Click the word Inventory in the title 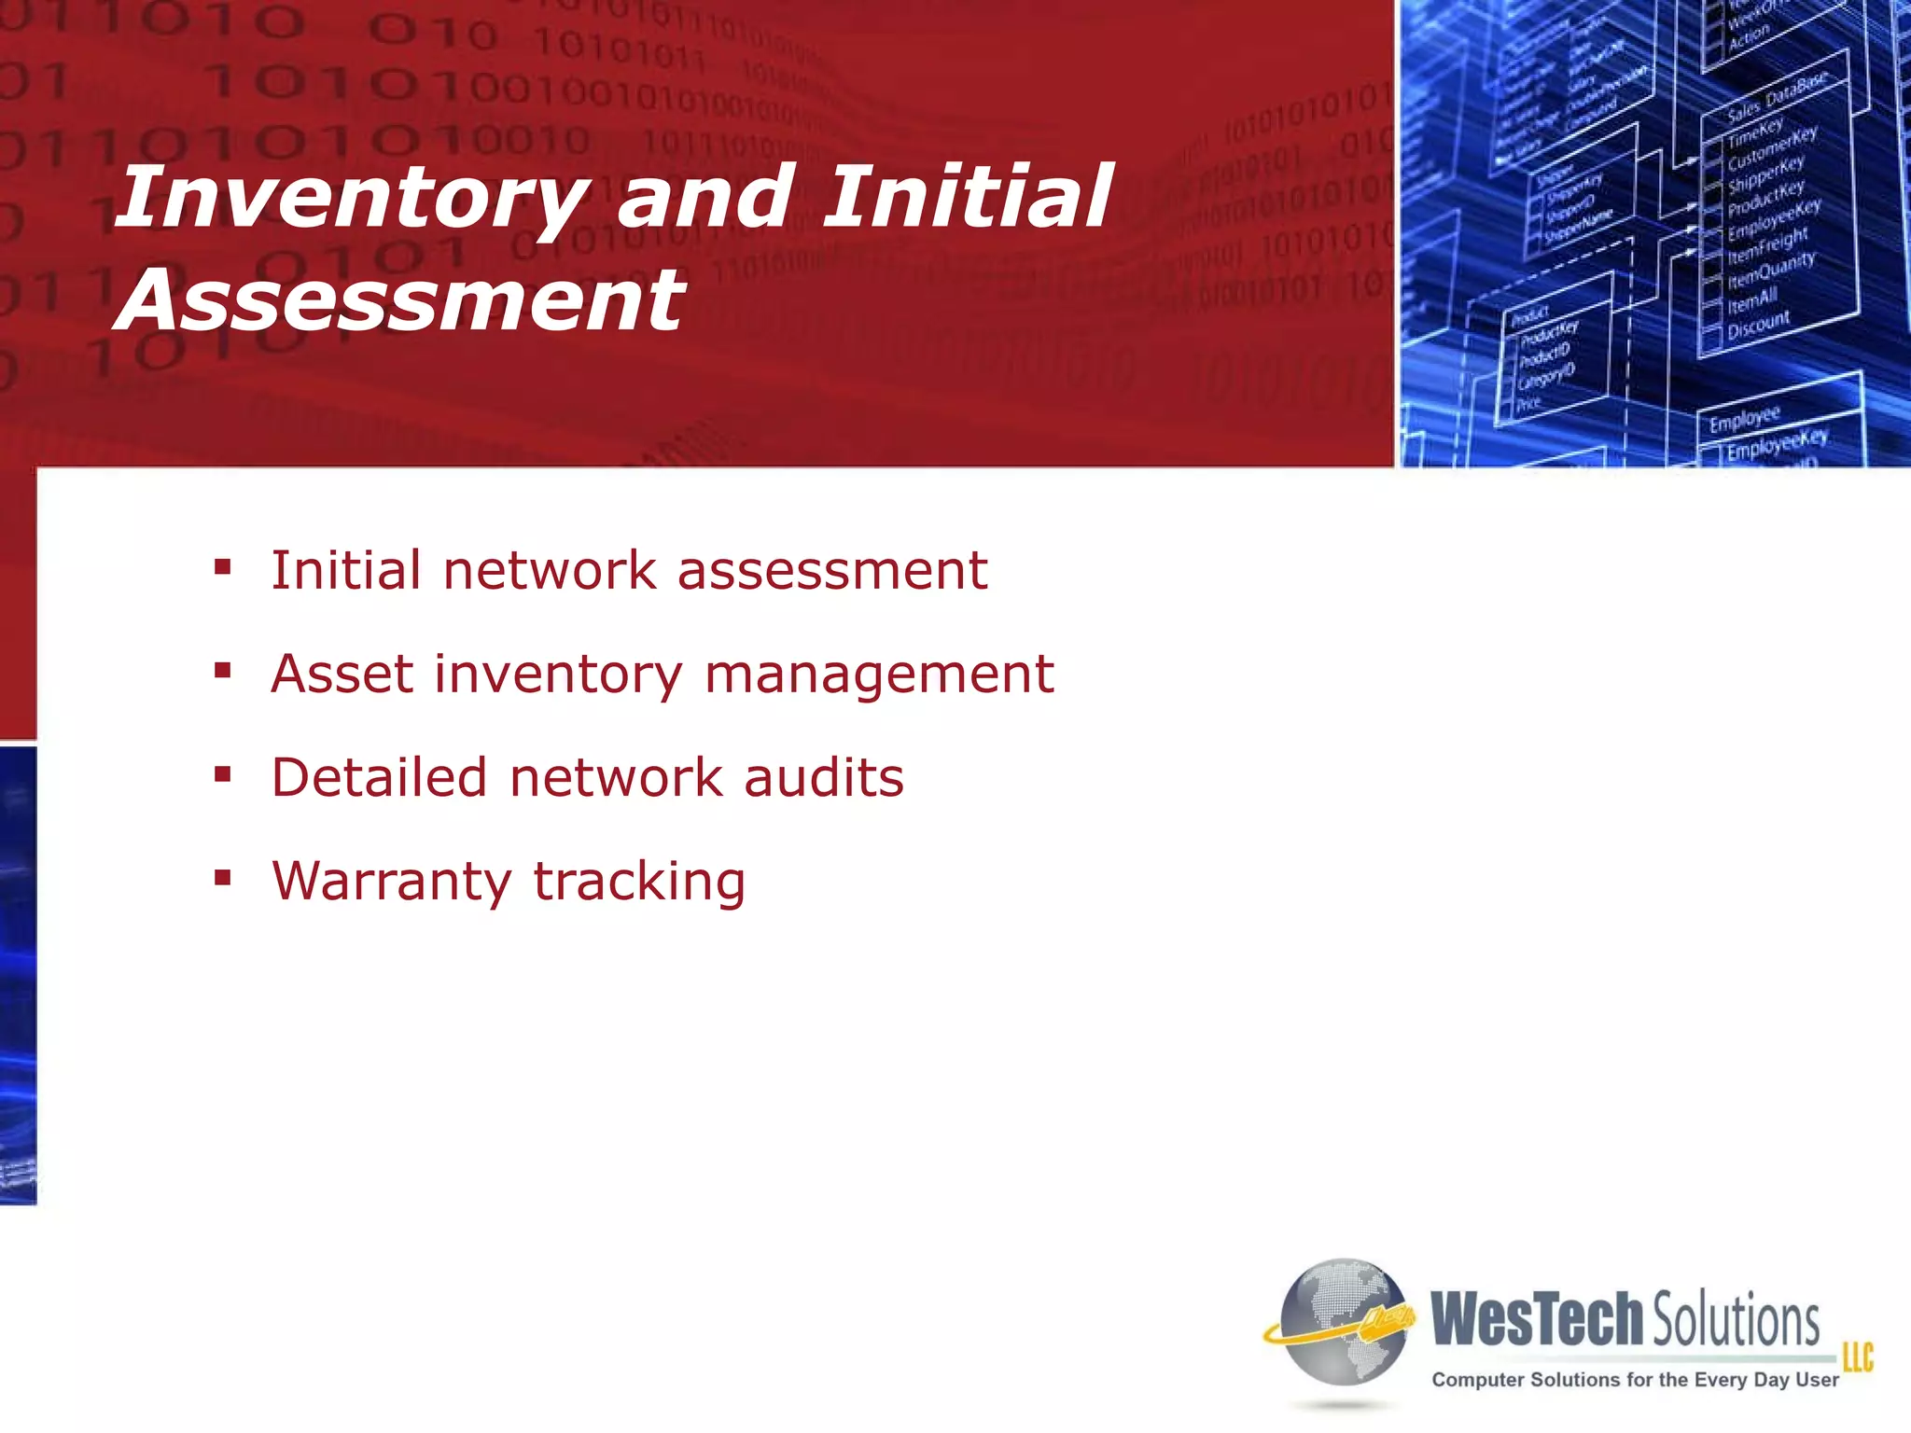(350, 198)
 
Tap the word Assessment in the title (401, 300)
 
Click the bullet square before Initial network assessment (222, 566)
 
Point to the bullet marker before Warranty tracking (222, 877)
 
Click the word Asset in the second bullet (341, 674)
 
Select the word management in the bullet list (879, 675)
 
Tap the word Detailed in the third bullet (379, 777)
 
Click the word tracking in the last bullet (639, 882)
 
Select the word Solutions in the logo (1736, 1321)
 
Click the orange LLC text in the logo (1857, 1356)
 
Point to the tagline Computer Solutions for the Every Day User (1635, 1380)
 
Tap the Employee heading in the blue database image (1744, 419)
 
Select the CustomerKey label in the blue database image (1771, 148)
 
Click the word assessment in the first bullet (831, 570)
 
